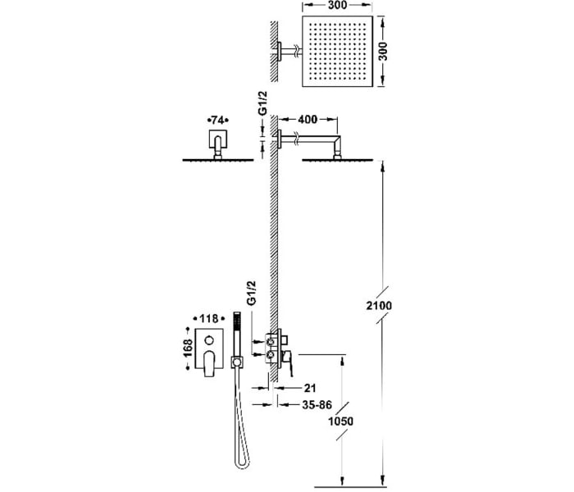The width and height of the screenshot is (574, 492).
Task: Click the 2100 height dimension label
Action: pyautogui.click(x=379, y=305)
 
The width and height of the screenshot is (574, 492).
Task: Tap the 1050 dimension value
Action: pyautogui.click(x=341, y=421)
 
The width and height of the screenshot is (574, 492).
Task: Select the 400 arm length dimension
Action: pyautogui.click(x=307, y=119)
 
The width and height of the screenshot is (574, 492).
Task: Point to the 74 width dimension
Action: pyautogui.click(x=218, y=120)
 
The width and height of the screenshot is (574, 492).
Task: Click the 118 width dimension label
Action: pyautogui.click(x=209, y=318)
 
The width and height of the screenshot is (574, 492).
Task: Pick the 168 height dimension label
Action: pyautogui.click(x=188, y=348)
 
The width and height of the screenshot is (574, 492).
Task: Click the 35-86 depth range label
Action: pyautogui.click(x=317, y=404)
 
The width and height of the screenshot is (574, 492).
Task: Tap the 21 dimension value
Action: pyautogui.click(x=310, y=388)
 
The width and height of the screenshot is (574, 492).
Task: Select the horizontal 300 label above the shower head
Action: pyautogui.click(x=337, y=5)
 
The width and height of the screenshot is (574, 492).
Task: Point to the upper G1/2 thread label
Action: pyautogui.click(x=263, y=103)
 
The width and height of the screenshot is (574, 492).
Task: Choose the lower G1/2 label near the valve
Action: pyautogui.click(x=251, y=293)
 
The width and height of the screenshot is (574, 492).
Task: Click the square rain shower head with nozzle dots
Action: pyautogui.click(x=337, y=51)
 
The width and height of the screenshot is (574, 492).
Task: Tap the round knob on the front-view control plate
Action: pyautogui.click(x=209, y=340)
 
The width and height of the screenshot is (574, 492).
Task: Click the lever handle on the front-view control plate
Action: pyautogui.click(x=209, y=363)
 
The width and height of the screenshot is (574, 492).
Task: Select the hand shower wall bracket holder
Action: pyautogui.click(x=237, y=362)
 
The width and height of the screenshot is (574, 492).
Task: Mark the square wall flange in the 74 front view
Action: pyautogui.click(x=218, y=139)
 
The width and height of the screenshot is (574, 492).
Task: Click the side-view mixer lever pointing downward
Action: pyautogui.click(x=289, y=363)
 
